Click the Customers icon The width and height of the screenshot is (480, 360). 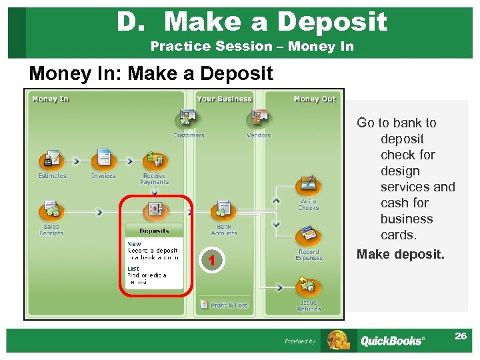188,120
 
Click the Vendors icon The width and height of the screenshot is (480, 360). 258,120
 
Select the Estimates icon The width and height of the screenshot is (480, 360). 51,161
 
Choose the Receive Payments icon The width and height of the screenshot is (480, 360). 155,161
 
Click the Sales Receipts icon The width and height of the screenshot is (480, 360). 51,211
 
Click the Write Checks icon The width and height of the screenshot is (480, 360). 308,184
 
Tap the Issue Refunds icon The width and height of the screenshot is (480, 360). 308,287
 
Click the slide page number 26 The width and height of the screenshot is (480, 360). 460,336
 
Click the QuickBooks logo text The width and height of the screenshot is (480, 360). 392,341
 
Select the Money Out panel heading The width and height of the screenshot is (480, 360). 315,99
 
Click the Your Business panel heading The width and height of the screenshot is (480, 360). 224,99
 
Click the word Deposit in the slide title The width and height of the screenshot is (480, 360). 332,22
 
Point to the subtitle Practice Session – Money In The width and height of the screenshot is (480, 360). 252,47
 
